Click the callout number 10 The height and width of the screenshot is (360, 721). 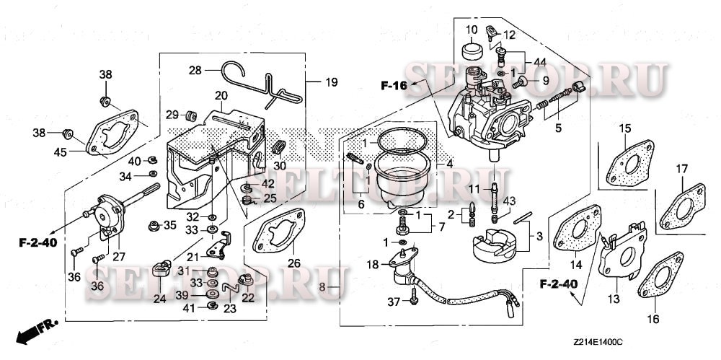point(471,30)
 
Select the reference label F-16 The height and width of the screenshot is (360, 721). point(394,86)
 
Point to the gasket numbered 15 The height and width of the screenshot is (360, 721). point(624,165)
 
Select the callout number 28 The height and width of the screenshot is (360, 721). point(195,70)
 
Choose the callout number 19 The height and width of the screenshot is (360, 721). point(330,82)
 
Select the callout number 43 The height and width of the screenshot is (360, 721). point(509,200)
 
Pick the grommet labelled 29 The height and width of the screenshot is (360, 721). point(192,115)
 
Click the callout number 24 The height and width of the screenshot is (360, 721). point(159,297)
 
